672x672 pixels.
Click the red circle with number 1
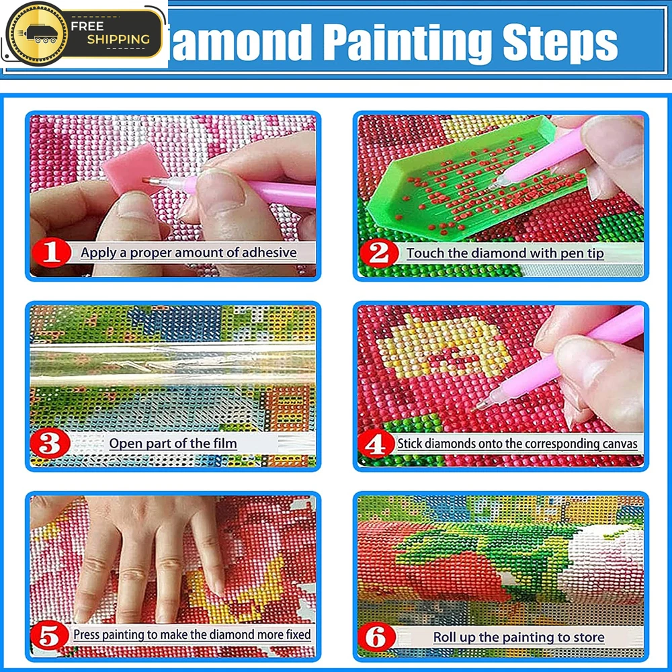(x=51, y=253)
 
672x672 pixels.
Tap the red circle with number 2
(x=379, y=253)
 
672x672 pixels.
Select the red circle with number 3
(x=50, y=444)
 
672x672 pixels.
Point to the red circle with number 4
(x=376, y=444)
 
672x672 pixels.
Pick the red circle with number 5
(x=50, y=635)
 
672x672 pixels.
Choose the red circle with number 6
(x=377, y=637)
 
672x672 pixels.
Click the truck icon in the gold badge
(x=41, y=34)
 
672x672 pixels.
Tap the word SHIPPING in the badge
(x=118, y=40)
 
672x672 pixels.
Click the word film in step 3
(x=224, y=443)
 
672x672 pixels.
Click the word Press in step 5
(x=87, y=634)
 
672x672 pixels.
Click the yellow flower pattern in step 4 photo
(x=442, y=347)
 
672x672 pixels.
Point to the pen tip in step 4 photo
(x=473, y=410)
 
